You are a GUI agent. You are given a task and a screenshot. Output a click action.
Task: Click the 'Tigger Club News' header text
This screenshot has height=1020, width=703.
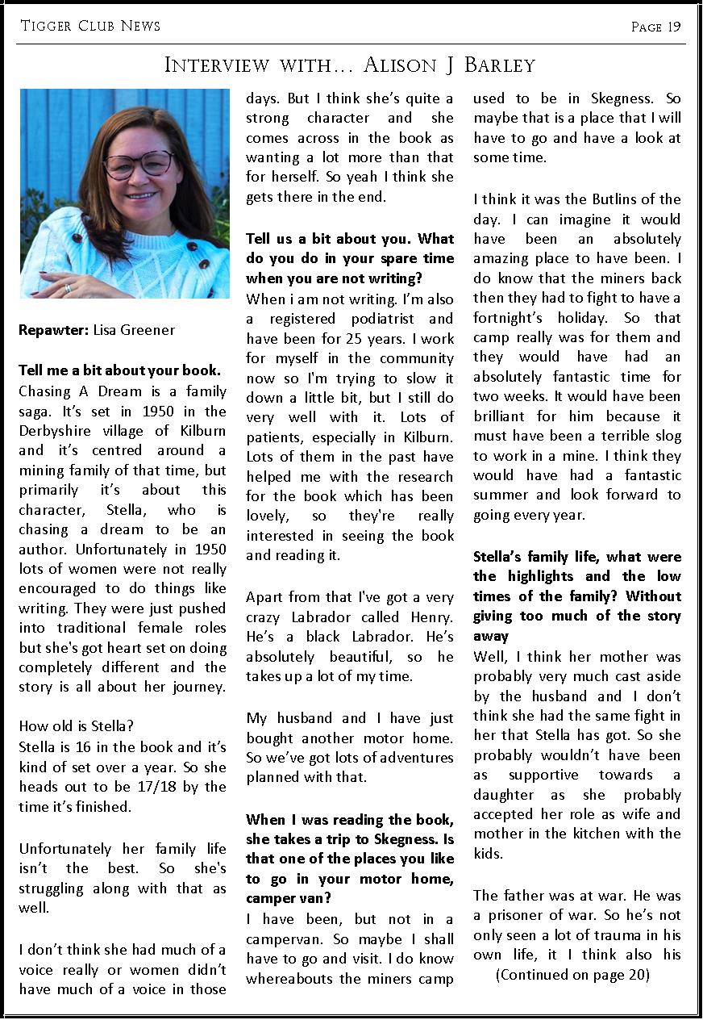tap(90, 26)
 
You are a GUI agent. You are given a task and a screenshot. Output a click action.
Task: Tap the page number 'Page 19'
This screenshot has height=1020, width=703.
tap(655, 27)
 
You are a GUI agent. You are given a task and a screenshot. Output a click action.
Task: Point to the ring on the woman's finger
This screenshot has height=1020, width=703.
tap(68, 286)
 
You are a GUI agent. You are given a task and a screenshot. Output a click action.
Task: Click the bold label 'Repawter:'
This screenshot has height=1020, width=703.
tap(53, 329)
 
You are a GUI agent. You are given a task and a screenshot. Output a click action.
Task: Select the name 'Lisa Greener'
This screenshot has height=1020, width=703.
tap(134, 329)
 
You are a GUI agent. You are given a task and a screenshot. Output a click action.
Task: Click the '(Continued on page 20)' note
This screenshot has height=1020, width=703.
tap(572, 974)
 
